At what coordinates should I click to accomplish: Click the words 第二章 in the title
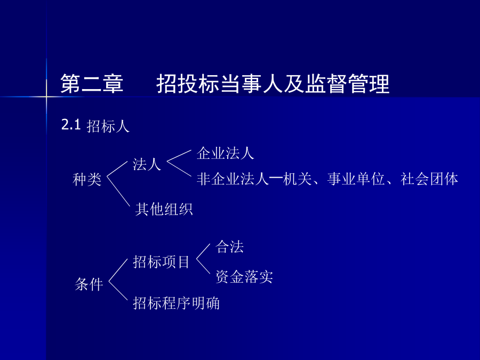coord(92,84)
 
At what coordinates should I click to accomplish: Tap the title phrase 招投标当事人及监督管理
coord(273,84)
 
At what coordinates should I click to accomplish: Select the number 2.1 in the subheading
coord(71,125)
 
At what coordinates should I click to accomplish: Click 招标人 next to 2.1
coord(108,126)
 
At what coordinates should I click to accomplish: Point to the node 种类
coord(87,179)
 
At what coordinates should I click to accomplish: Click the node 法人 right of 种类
coord(147,164)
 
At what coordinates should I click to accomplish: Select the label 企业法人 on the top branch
coord(225,153)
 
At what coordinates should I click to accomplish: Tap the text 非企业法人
coord(233,179)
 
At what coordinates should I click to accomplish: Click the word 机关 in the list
coord(298,179)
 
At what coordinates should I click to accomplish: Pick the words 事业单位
coord(356,179)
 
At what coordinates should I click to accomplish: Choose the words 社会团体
coord(429,179)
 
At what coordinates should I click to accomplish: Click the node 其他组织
coord(164,210)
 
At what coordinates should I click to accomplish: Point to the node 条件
coord(89,284)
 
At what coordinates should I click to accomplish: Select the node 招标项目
coord(161,262)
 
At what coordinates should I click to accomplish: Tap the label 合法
coord(229,247)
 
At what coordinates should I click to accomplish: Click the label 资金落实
coord(244,277)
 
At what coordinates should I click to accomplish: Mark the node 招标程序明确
coord(177,303)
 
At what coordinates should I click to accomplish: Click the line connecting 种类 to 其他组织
coord(118,191)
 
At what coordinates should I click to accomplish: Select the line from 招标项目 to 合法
coord(203,251)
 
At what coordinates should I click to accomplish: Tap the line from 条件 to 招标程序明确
coord(118,291)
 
